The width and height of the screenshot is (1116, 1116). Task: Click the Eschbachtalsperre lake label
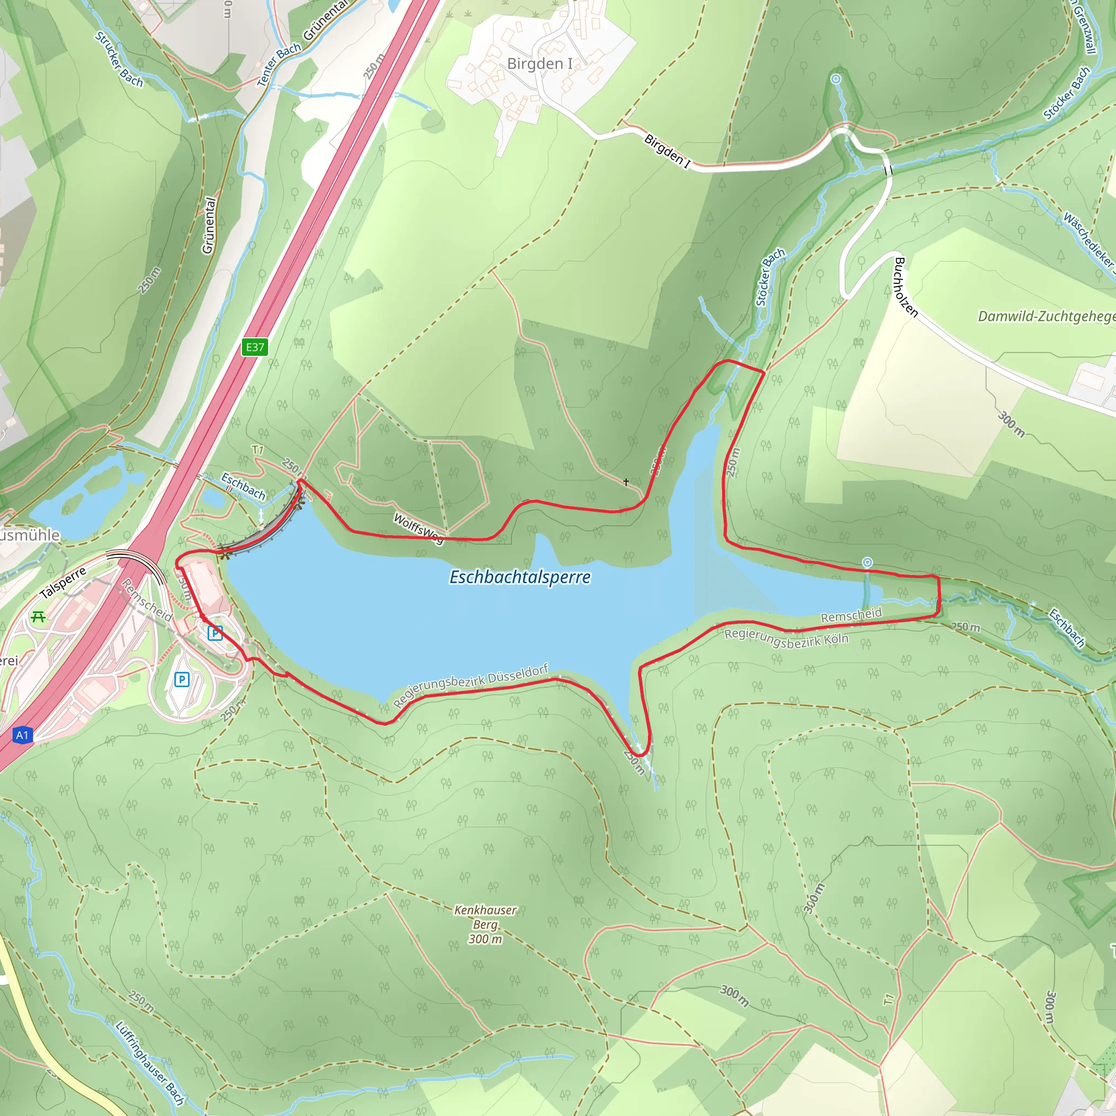coord(520,577)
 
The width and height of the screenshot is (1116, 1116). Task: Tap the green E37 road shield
coord(254,347)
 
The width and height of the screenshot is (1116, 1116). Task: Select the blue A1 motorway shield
coord(22,735)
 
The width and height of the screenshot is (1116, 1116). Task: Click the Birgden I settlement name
coord(539,64)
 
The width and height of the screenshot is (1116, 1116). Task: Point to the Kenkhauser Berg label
coord(485,924)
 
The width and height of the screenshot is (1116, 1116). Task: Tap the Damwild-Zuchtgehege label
coord(1046,316)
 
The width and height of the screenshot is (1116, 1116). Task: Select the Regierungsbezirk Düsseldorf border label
coord(470,686)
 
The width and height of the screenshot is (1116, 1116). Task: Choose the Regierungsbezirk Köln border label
coord(786,639)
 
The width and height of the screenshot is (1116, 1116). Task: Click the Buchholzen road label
coord(905,287)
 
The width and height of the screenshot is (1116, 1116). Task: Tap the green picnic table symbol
coord(38,617)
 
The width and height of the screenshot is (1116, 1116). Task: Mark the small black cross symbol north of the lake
coord(626,481)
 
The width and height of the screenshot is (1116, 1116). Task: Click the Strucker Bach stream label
coord(119,59)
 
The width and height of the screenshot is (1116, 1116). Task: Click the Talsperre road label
coord(63,583)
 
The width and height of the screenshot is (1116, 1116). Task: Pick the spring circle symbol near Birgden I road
coord(836,78)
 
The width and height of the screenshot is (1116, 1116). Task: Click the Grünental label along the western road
coord(209,225)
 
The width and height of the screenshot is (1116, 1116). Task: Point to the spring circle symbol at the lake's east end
coord(867,562)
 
